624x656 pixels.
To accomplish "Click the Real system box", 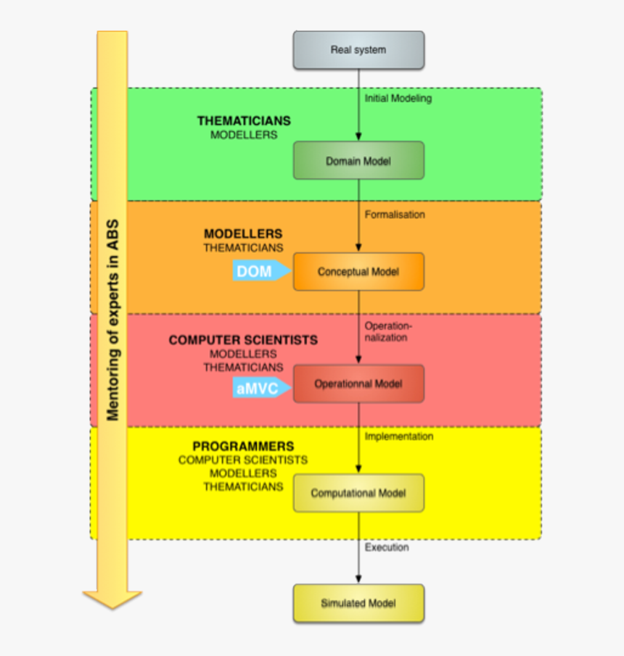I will click(x=358, y=50).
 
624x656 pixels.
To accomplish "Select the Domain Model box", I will click(x=358, y=160).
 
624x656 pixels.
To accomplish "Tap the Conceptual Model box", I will click(x=358, y=272).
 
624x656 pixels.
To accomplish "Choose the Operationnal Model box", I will click(x=358, y=383).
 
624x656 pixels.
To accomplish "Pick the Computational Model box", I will click(x=358, y=493).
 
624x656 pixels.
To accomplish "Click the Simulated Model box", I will click(x=358, y=603).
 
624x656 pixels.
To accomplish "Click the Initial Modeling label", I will click(x=398, y=99).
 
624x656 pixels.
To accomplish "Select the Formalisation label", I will click(x=395, y=215).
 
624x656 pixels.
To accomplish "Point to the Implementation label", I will click(x=398, y=436).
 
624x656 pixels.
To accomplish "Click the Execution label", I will click(x=387, y=547).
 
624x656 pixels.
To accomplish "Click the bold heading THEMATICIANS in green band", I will click(x=244, y=121).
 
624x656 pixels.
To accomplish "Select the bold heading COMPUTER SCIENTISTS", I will click(x=243, y=340).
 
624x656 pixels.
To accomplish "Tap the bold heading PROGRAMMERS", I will click(x=243, y=447).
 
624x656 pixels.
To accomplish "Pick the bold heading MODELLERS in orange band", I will click(x=243, y=234).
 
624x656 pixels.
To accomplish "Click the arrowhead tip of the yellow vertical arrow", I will click(x=112, y=606).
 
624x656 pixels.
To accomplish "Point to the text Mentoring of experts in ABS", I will click(x=112, y=319).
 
